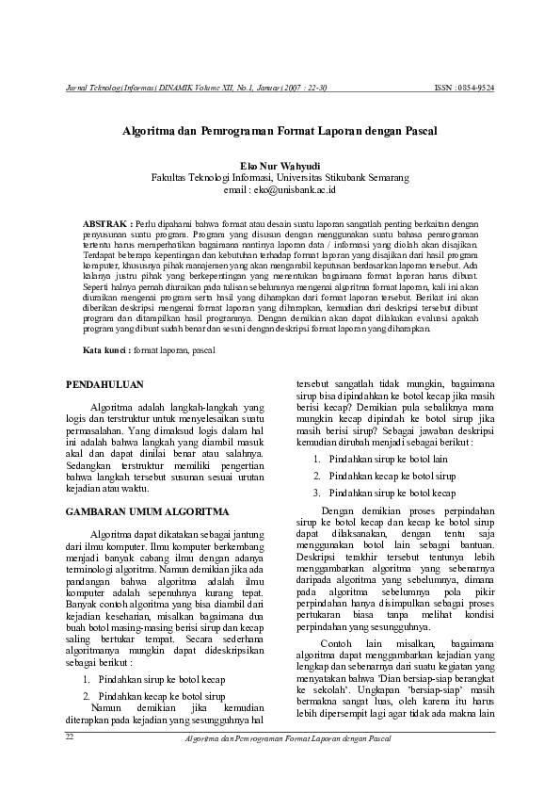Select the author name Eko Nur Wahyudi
click(280, 164)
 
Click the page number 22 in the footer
click(69, 737)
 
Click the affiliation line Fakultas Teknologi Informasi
click(280, 176)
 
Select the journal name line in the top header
click(197, 88)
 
